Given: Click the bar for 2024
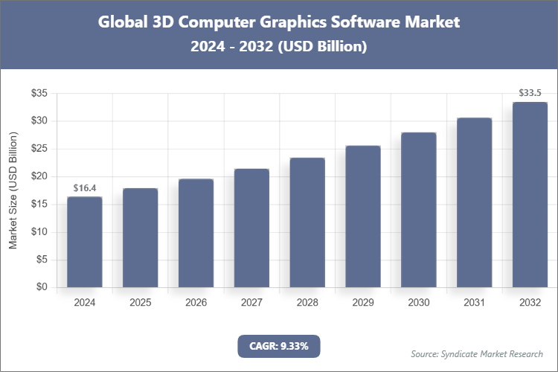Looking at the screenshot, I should (84, 242).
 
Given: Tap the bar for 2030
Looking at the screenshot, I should (419, 210).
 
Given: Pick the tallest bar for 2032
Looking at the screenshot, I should (530, 195).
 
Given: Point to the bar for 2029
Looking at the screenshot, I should (363, 217).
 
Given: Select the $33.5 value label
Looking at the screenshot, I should (530, 94).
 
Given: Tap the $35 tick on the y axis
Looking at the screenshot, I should (39, 93).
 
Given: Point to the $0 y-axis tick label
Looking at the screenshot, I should (42, 287).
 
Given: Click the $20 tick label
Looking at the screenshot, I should (39, 176).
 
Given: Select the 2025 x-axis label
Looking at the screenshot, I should (140, 303).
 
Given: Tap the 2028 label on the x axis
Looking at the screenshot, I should (307, 303).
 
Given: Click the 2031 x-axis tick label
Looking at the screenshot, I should (474, 303).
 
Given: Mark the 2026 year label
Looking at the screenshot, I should (196, 303).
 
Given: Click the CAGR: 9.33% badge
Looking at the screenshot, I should (278, 345).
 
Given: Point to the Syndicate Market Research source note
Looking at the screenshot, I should (477, 353).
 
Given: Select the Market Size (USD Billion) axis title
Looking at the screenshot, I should (13, 190).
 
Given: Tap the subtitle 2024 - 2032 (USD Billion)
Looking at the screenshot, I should (279, 46).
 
